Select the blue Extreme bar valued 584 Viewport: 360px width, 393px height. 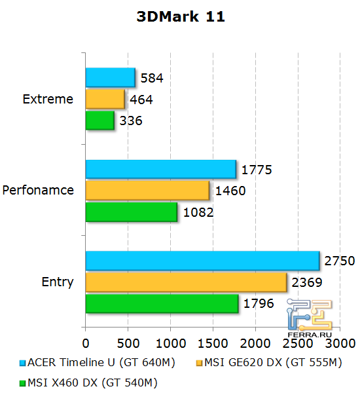coord(110,78)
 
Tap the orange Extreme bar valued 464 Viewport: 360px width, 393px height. coord(105,100)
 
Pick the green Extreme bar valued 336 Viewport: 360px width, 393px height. coord(99,121)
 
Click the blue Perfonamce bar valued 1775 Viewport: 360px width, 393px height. coord(160,170)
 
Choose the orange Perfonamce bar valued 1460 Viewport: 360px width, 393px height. coord(147,191)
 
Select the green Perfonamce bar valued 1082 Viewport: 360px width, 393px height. coord(131,212)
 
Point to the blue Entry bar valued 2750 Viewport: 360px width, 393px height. coord(202,261)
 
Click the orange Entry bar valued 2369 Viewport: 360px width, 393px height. coord(186,282)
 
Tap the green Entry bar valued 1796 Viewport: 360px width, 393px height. coord(162,304)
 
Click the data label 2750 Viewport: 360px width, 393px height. coord(340,261)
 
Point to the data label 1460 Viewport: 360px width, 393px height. coord(230,191)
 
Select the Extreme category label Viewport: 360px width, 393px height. coord(48,100)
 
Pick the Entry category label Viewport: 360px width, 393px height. coord(58,282)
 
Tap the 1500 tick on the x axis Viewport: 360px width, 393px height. coord(212,343)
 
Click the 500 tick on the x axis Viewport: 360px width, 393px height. coord(128,343)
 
